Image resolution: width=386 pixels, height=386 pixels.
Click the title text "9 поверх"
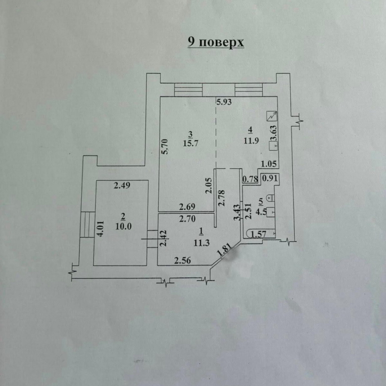coord(216,43)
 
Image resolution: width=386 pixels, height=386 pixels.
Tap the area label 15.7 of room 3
coord(191,144)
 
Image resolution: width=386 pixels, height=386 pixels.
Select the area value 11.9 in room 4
coord(251,141)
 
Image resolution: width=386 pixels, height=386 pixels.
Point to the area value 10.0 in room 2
coord(123,226)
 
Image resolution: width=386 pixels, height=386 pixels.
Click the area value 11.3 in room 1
coord(201,243)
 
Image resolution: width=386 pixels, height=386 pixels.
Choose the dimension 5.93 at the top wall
coord(224,102)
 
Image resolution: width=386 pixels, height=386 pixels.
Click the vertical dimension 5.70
coord(165,146)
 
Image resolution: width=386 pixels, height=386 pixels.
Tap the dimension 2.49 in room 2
coord(122,185)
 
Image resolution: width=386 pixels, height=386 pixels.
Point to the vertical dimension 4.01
coord(101,229)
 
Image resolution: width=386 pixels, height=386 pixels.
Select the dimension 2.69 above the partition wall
coord(187,207)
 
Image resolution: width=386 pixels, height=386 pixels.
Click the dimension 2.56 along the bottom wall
coord(183,260)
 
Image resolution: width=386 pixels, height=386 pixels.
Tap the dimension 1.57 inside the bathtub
coord(258,234)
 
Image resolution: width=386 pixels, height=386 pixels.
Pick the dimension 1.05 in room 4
coord(269,164)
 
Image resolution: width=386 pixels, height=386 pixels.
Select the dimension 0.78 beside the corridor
coord(250,179)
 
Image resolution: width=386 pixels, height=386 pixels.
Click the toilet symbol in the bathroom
coord(271,197)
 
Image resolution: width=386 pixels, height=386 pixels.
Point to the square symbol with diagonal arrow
coord(272,116)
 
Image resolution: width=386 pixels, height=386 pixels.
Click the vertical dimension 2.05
coord(209,186)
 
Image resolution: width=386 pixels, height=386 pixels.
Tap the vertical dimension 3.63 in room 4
coord(274,133)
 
